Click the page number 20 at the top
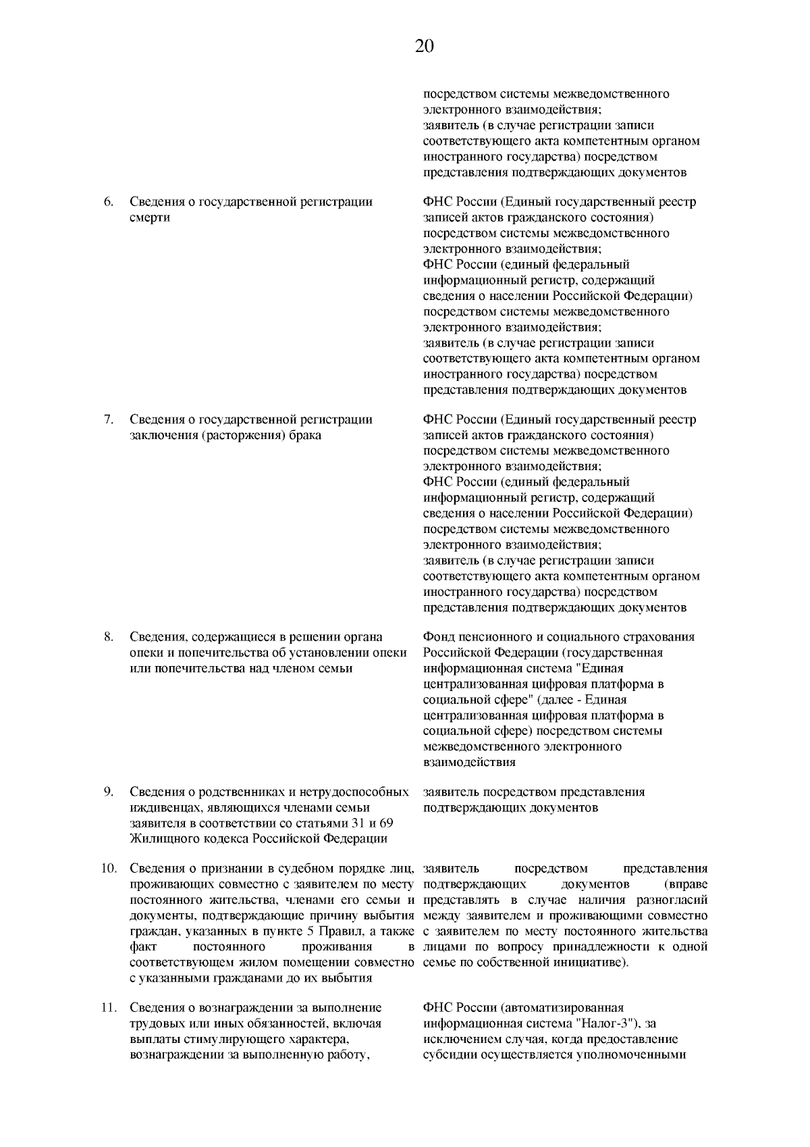pyautogui.click(x=424, y=46)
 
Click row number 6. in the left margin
pyautogui.click(x=107, y=202)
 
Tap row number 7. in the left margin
pyautogui.click(x=107, y=419)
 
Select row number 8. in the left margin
pyautogui.click(x=107, y=637)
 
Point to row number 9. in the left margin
pyautogui.click(x=107, y=792)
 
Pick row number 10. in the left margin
pyautogui.click(x=109, y=869)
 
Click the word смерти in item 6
pyautogui.click(x=149, y=218)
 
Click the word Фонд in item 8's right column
pyautogui.click(x=439, y=637)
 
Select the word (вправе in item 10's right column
pyautogui.click(x=686, y=884)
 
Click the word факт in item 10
pyautogui.click(x=142, y=947)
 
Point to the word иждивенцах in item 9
pyautogui.click(x=161, y=808)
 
